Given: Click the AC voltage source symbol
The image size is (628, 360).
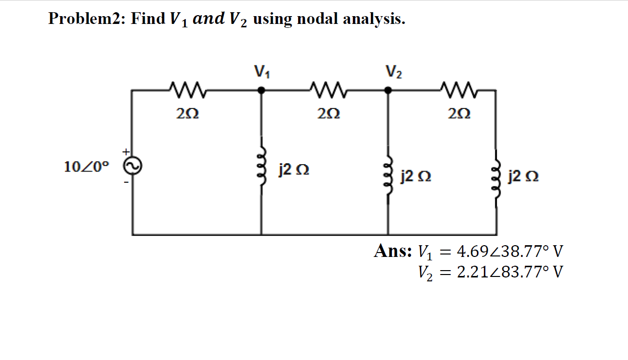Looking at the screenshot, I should tap(132, 167).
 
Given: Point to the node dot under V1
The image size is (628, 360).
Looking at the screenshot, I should tap(261, 90).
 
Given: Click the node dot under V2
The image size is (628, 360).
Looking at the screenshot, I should tap(388, 90).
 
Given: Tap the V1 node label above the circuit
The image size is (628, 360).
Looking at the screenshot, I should tap(262, 72).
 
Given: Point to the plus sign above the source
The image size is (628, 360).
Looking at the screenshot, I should tap(126, 151).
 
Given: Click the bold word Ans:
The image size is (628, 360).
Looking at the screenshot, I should tap(393, 251).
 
